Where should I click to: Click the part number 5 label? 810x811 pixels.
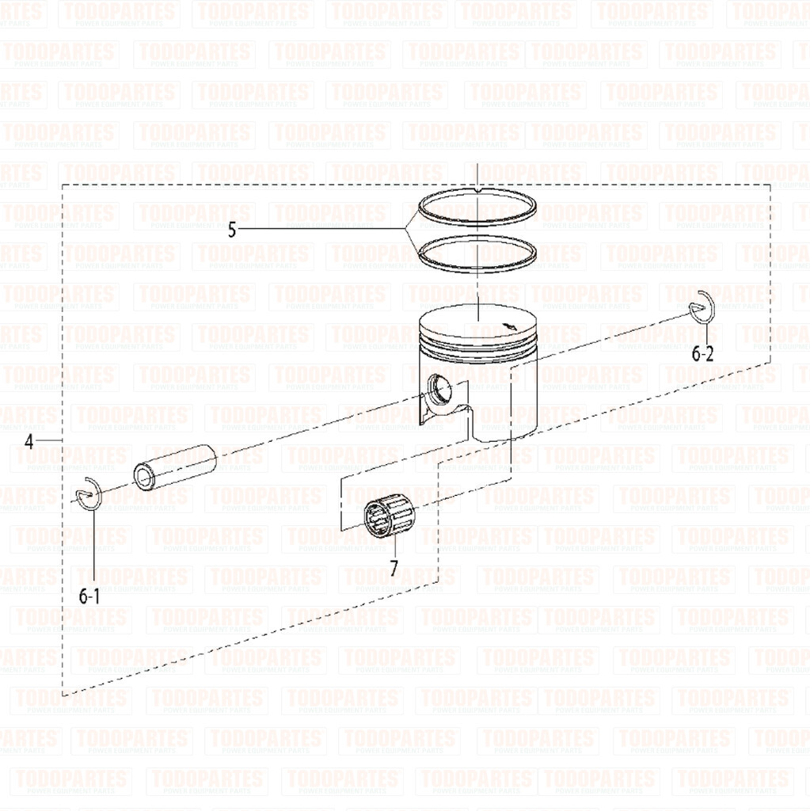[232, 230]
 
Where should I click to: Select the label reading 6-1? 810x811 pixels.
[89, 596]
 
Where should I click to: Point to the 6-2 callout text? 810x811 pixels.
[702, 354]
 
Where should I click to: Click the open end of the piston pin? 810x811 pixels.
[145, 478]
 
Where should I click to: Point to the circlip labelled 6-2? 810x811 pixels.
[702, 307]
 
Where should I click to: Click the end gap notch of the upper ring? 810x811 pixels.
[479, 191]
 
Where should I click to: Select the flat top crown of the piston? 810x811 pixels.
[475, 321]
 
